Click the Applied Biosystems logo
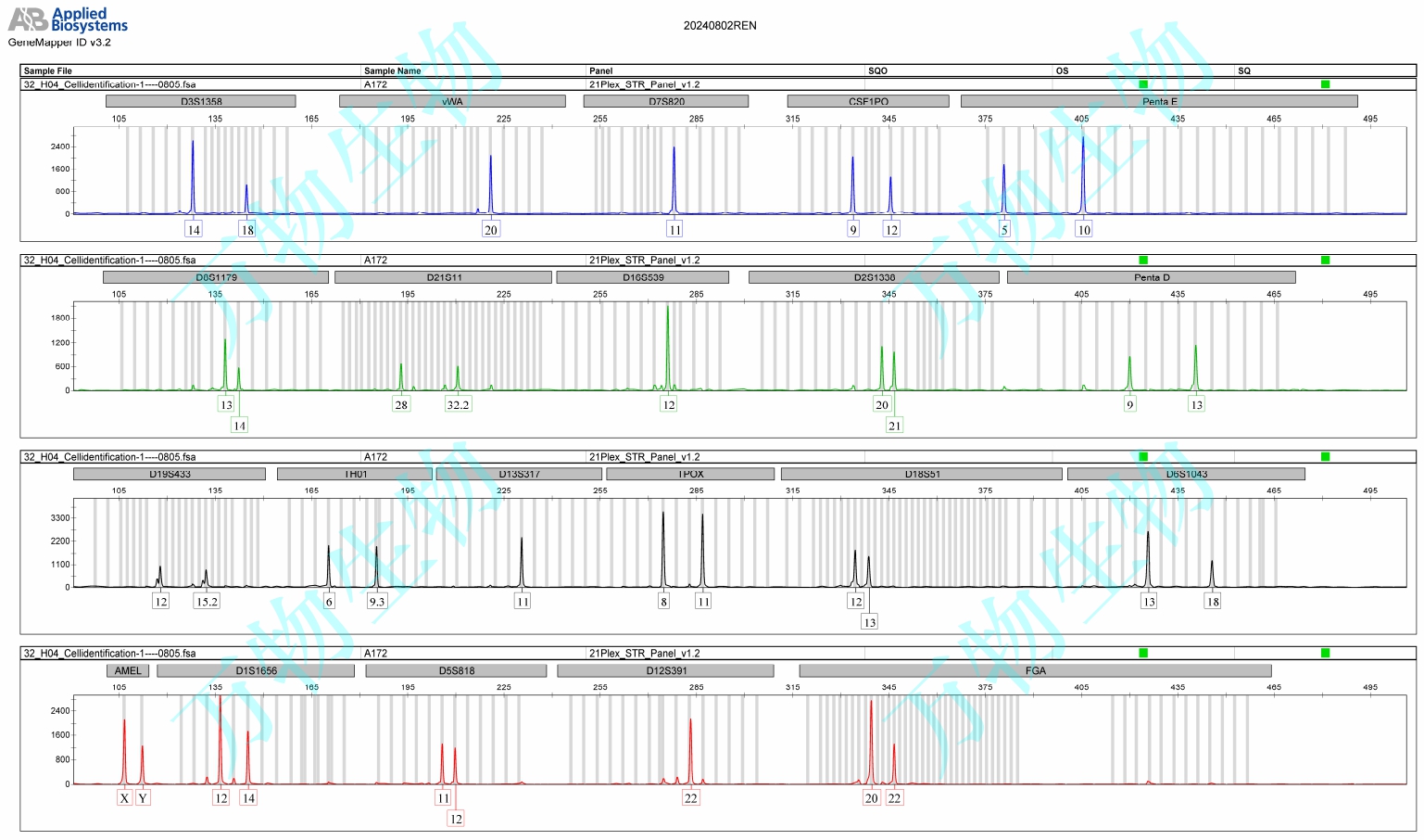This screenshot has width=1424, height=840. point(68,19)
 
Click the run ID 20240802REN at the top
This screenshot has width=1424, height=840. point(720,26)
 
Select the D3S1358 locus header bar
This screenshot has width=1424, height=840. point(201,101)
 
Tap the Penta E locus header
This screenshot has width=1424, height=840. point(1159,101)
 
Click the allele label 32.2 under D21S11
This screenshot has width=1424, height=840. point(458,405)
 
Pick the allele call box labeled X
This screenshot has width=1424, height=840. point(124,798)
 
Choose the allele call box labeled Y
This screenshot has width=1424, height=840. point(143,798)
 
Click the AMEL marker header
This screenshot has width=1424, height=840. point(128,670)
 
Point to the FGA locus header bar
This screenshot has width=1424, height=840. point(1035,670)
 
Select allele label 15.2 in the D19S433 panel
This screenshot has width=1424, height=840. point(207,602)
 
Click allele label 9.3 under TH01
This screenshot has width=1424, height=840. point(376,602)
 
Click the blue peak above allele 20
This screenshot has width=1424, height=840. point(491,181)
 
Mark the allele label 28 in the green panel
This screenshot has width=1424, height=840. point(401,405)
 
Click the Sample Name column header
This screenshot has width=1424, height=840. point(392,70)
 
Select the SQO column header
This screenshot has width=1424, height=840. point(877,70)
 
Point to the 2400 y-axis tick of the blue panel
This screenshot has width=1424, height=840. point(60,146)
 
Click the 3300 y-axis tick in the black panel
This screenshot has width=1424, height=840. point(60,518)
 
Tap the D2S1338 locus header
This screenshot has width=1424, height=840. point(874,277)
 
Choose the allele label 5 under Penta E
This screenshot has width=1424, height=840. point(1004,230)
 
